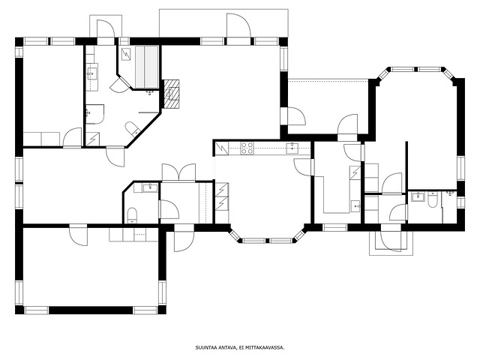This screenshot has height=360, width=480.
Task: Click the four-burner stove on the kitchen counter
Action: [x=247, y=148]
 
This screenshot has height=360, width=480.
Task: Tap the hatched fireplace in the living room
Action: [x=172, y=94]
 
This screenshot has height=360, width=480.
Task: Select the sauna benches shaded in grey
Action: [x=147, y=67]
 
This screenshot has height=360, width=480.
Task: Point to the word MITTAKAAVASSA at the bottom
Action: [x=269, y=348]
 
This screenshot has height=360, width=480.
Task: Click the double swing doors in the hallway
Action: [x=178, y=172]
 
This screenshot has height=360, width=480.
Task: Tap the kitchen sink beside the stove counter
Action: [x=292, y=148]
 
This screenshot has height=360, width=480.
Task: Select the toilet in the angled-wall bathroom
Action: [x=132, y=128]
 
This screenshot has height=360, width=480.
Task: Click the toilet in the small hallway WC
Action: [x=132, y=214]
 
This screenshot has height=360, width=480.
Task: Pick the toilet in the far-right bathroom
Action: [x=433, y=199]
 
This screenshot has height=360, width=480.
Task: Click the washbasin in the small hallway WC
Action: [x=150, y=187]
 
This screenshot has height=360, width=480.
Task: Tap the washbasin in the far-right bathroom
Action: [x=418, y=196]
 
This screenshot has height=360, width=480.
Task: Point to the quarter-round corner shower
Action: [x=94, y=114]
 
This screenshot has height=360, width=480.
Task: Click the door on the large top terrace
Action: [x=238, y=25]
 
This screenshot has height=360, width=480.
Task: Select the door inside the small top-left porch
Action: [x=106, y=28]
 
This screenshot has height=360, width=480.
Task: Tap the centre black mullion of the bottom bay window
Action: [x=267, y=241]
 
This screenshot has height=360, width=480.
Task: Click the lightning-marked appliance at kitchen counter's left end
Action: [x=222, y=148]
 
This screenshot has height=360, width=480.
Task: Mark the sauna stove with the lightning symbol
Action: [x=126, y=54]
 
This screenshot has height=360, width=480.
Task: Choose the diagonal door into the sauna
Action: [x=120, y=83]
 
